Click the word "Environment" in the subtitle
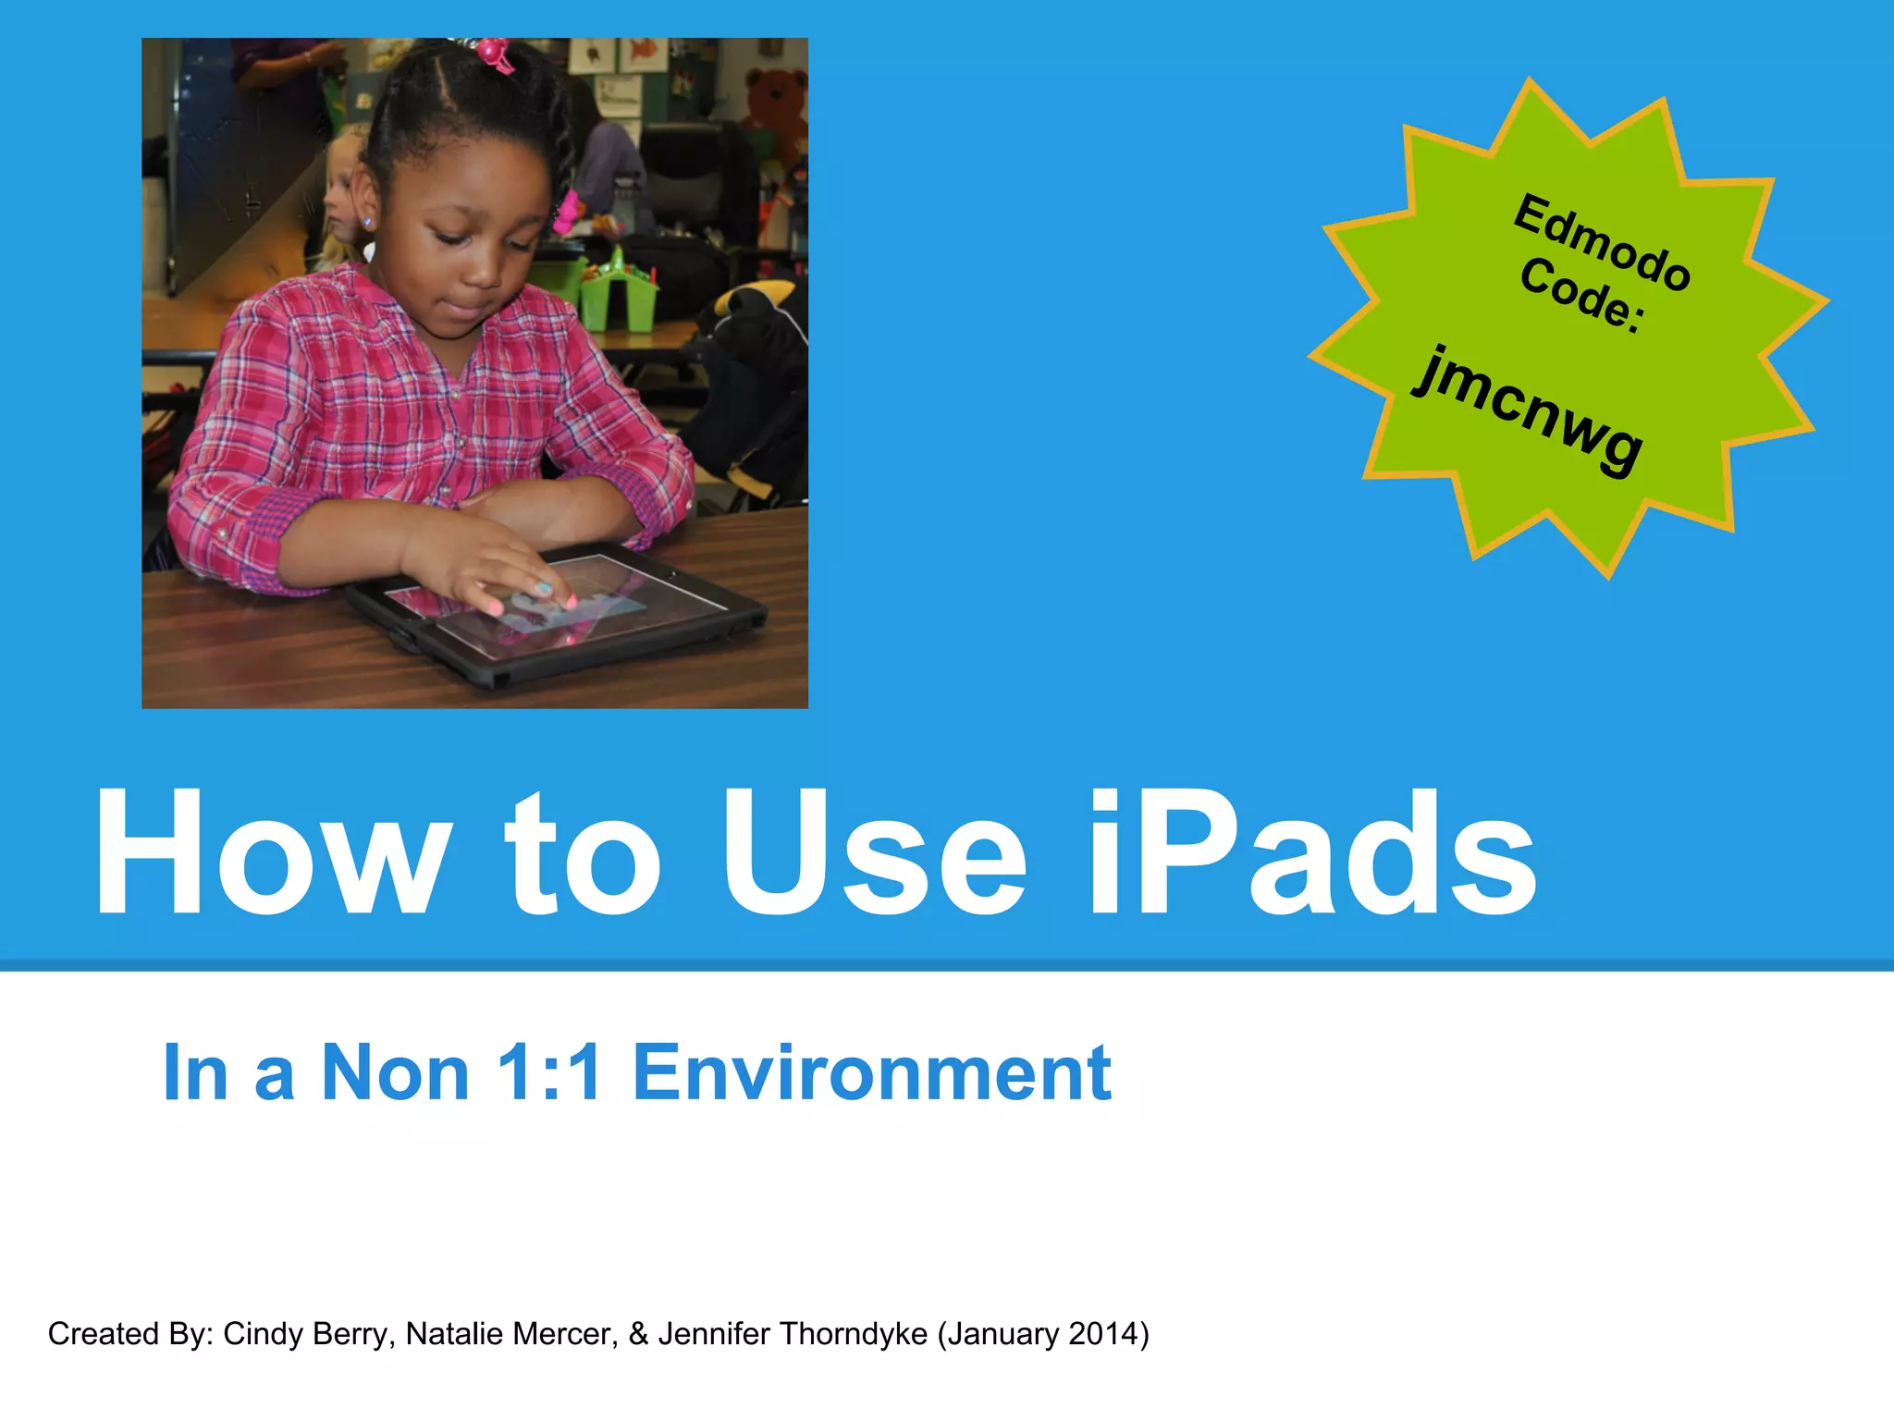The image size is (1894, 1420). tap(872, 1072)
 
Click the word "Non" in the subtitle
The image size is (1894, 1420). tap(395, 1072)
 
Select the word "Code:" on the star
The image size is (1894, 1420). tap(1582, 295)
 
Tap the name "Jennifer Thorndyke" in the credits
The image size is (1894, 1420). tap(793, 1334)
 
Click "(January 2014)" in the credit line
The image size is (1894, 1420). tap(1043, 1334)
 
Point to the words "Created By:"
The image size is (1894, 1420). tap(130, 1334)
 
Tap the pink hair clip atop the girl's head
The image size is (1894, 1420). tap(496, 53)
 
